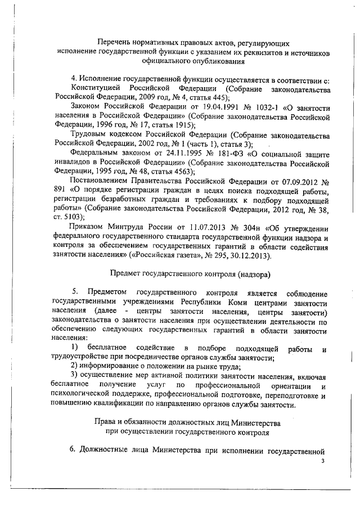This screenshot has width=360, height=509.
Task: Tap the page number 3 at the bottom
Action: coord(323,461)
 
